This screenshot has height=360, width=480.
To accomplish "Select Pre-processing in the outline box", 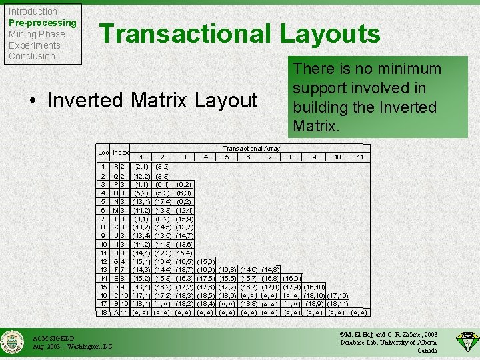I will tap(42, 23).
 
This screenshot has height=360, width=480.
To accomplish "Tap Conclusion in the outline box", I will tap(31, 56).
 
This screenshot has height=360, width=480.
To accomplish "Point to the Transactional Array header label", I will tap(251, 148).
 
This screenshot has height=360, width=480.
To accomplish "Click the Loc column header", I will tap(103, 153).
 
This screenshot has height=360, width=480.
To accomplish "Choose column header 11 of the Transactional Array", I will tap(359, 157).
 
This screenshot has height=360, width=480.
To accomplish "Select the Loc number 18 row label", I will tap(103, 312).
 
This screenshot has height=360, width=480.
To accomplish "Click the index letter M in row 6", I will tap(116, 210).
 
